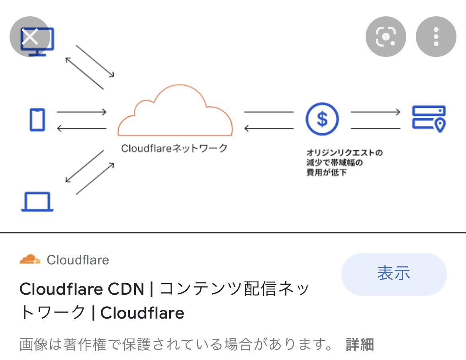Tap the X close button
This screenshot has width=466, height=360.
(30, 37)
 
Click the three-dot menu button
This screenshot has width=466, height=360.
(436, 37)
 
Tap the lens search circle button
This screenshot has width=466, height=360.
(386, 37)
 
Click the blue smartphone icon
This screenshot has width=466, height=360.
(37, 120)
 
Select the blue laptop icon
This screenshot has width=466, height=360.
(37, 202)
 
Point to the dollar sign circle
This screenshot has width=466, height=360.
(322, 119)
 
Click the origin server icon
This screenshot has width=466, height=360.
(428, 118)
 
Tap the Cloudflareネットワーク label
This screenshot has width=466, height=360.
(174, 149)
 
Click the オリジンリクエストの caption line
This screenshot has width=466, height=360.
(345, 153)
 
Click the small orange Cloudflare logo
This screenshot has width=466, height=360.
(30, 260)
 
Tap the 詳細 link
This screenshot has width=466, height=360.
(360, 344)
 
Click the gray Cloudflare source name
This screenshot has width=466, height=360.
(78, 260)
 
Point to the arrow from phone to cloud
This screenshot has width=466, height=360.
(82, 112)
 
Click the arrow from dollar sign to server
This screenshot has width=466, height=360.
(375, 112)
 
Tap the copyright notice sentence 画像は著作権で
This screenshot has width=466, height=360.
(175, 344)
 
